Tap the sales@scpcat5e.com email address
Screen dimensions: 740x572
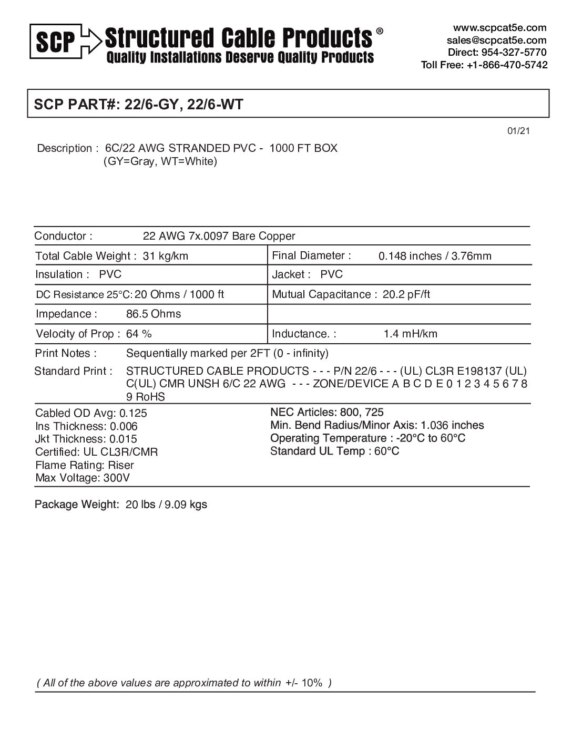[496, 40]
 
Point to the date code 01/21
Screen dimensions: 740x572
[518, 131]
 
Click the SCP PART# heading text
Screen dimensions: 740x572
[138, 104]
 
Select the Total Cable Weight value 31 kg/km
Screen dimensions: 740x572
[166, 256]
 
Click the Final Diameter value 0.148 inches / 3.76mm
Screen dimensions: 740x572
[435, 256]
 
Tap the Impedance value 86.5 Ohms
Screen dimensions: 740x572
[154, 314]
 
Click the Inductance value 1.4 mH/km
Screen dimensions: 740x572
[410, 334]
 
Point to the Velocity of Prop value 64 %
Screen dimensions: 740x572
[139, 334]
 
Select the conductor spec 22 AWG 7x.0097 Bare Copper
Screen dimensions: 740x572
[219, 237]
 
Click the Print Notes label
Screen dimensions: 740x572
[66, 353]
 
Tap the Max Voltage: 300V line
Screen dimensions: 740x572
[83, 478]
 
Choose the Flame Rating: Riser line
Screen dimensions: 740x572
[85, 465]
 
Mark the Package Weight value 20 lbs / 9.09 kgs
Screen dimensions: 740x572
[166, 505]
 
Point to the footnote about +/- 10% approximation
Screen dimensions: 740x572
[184, 683]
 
